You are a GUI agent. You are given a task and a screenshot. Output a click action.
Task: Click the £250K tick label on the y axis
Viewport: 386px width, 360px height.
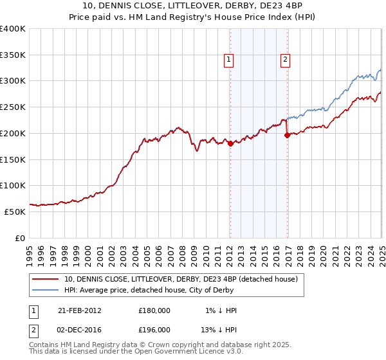[13, 107]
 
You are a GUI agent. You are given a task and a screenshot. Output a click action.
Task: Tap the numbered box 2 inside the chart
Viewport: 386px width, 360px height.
[284, 60]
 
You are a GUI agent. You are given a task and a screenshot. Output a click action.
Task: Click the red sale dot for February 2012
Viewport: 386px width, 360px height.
[230, 143]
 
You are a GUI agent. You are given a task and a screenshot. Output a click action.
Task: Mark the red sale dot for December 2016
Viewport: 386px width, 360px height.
[287, 135]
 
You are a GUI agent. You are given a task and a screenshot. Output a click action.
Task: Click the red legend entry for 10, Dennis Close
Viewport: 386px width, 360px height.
[181, 279]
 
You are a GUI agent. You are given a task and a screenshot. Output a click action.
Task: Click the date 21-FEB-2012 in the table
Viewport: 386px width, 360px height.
[80, 310]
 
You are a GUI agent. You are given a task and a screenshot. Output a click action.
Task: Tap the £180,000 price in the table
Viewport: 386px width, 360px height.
[154, 310]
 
